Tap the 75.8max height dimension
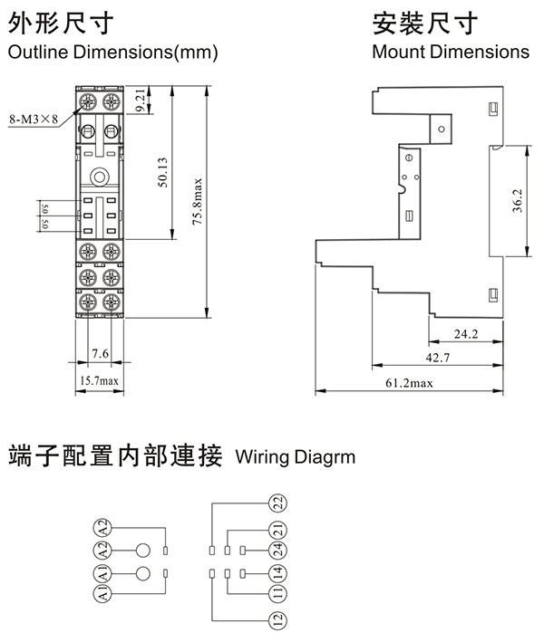pyautogui.click(x=197, y=202)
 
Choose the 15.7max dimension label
pyautogui.click(x=99, y=380)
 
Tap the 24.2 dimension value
pyautogui.click(x=466, y=334)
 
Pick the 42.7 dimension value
pyautogui.click(x=438, y=359)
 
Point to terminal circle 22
pyautogui.click(x=277, y=503)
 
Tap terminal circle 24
pyautogui.click(x=277, y=549)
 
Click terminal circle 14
pyautogui.click(x=277, y=572)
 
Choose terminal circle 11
pyautogui.click(x=277, y=595)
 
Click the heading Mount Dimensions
pyautogui.click(x=450, y=52)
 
